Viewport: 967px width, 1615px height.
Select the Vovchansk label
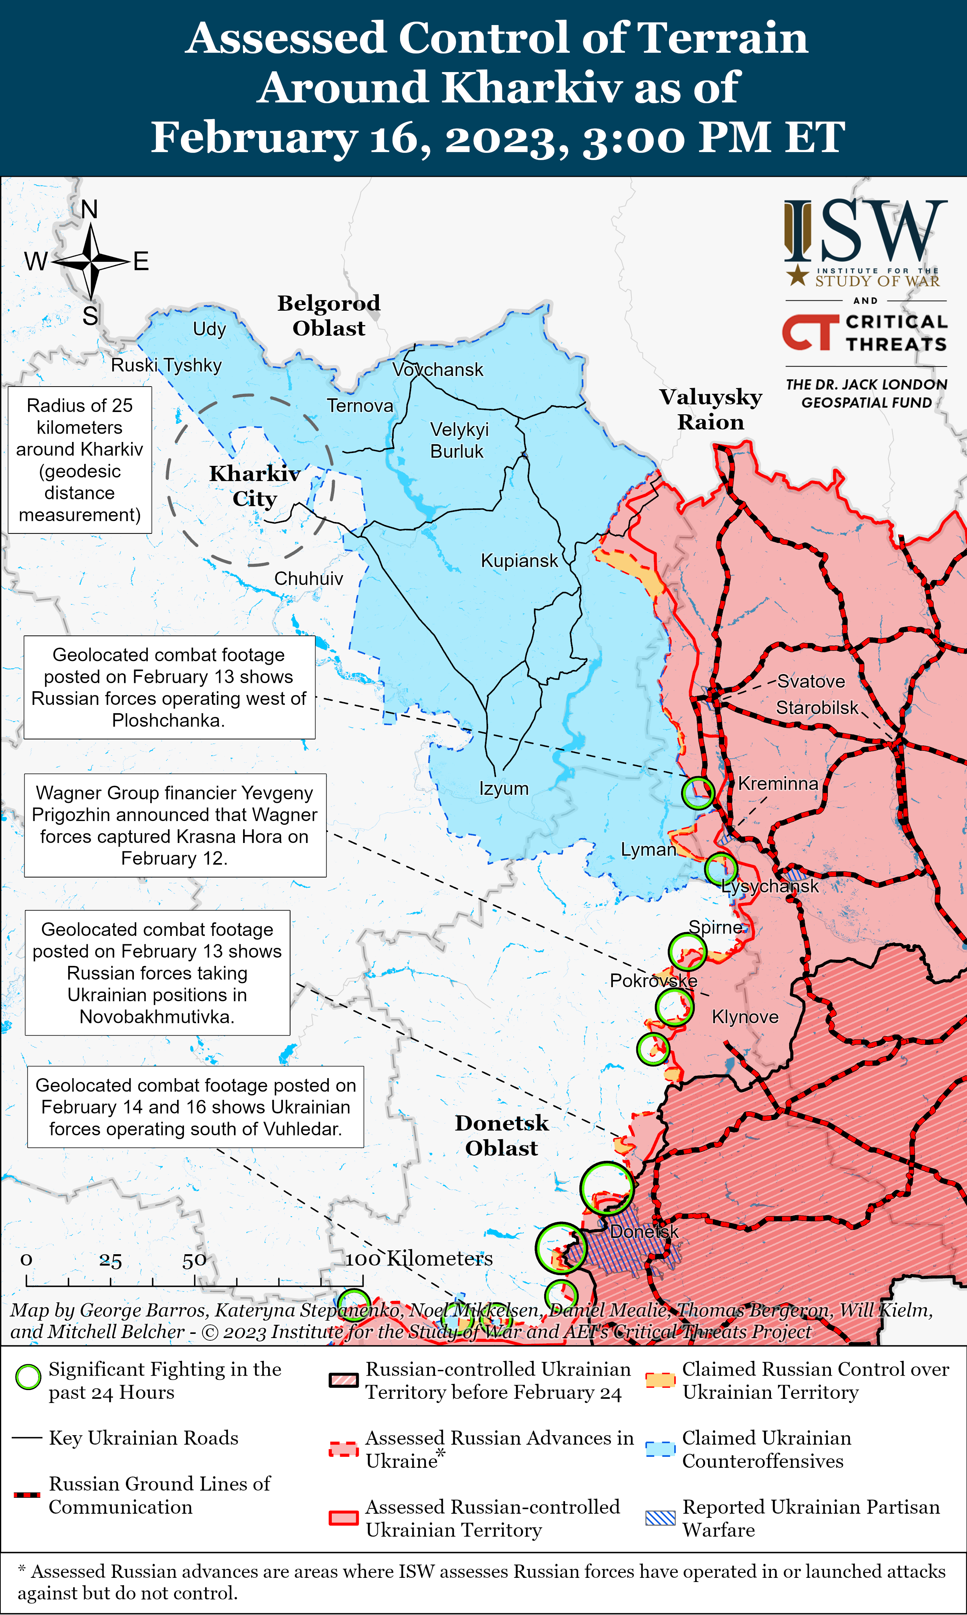pos(438,370)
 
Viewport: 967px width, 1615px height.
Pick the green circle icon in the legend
pos(28,1377)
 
